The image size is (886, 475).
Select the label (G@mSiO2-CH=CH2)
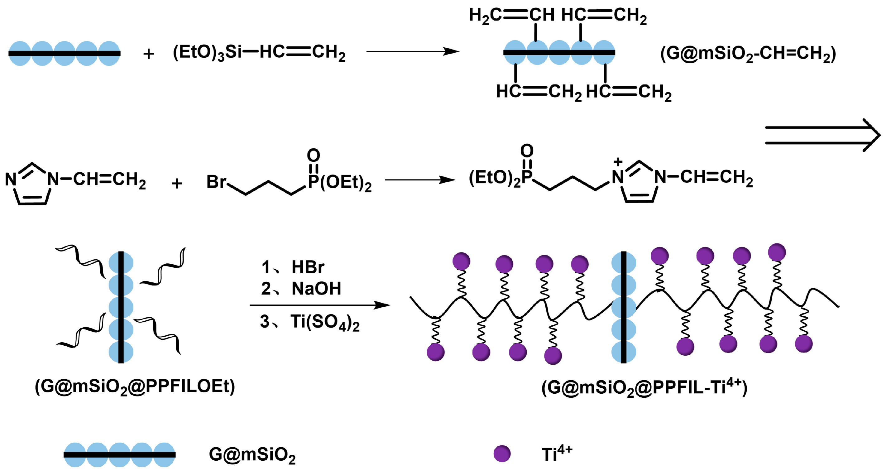point(748,54)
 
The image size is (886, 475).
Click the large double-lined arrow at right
point(822,135)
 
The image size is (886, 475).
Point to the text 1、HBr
point(292,267)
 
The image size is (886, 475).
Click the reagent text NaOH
point(316,288)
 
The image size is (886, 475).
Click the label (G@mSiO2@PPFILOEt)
point(135,386)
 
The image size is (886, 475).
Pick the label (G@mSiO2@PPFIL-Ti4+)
point(644,387)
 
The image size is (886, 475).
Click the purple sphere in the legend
point(502,454)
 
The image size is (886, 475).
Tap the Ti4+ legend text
point(557,454)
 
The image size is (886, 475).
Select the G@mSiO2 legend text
point(252,455)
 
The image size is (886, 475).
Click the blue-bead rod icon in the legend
point(119,455)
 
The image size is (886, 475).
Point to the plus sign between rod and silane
point(149,54)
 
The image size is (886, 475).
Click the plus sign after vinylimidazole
point(177,183)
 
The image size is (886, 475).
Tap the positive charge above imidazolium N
point(618,162)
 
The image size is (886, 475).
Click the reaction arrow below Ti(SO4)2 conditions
point(320,305)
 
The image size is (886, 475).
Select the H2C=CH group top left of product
point(511,15)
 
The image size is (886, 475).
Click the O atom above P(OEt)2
point(313,155)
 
